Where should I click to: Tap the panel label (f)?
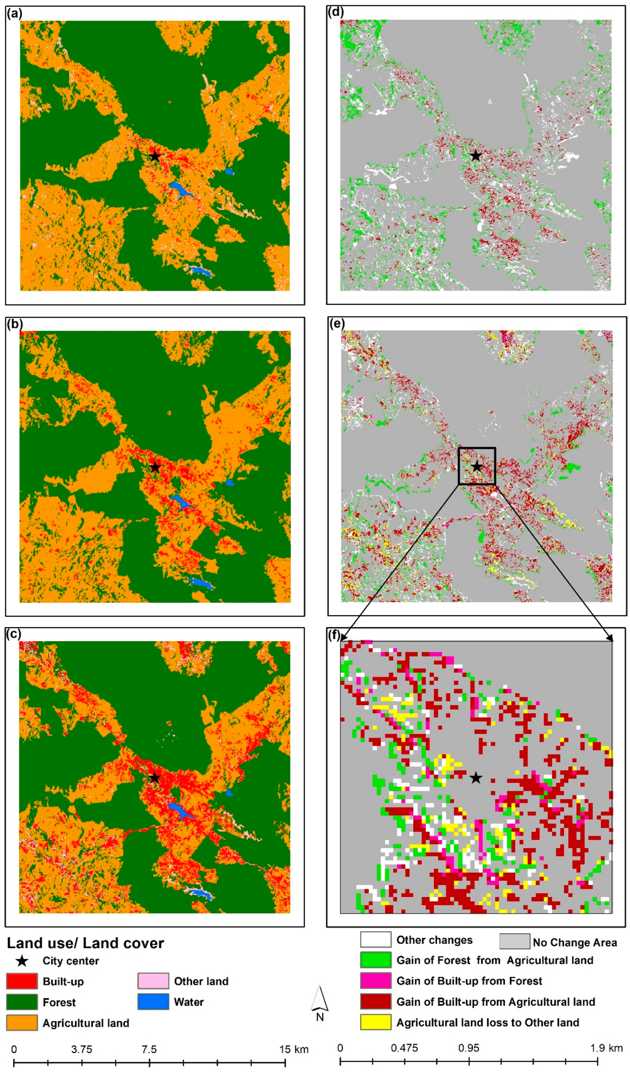coord(335,635)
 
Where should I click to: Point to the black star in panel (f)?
coord(476,778)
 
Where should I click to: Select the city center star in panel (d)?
coord(476,156)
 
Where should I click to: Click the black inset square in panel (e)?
coord(477,466)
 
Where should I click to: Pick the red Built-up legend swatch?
coord(22,981)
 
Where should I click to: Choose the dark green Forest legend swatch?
coord(22,1002)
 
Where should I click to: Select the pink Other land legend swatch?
coord(153,981)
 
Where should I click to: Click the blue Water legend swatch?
coord(153,1002)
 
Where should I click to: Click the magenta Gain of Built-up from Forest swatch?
coord(375,981)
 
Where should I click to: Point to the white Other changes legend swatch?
coord(375,940)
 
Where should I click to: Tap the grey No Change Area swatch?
coord(514,942)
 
